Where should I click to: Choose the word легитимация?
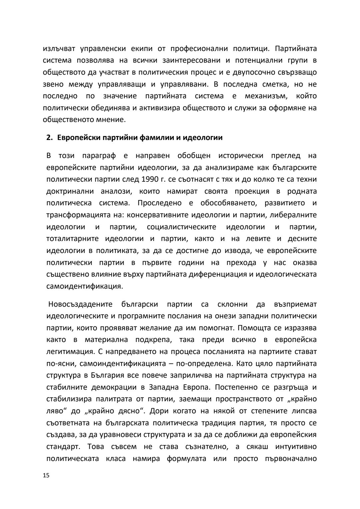(67, 352)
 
